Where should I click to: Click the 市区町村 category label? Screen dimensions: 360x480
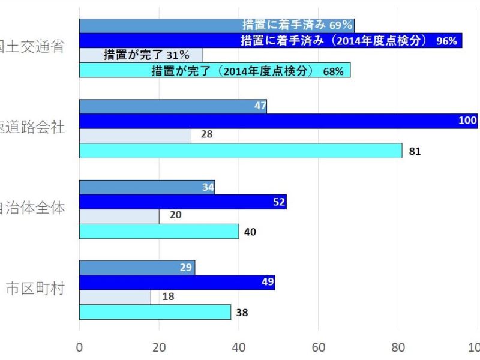pyautogui.click(x=35, y=288)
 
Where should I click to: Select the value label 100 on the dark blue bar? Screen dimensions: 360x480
pyautogui.click(x=467, y=120)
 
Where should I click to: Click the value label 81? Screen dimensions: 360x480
pyautogui.click(x=415, y=151)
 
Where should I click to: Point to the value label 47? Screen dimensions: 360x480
pyautogui.click(x=260, y=106)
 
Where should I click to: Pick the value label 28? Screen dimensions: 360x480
pyautogui.click(x=206, y=134)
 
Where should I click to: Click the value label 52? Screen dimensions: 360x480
pyautogui.click(x=279, y=202)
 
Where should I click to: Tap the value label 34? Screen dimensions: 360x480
pyautogui.click(x=208, y=187)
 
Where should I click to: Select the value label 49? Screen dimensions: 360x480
pyautogui.click(x=267, y=282)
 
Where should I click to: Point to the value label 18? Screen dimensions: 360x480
pyautogui.click(x=169, y=296)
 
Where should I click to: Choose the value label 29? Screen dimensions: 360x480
pyautogui.click(x=186, y=267)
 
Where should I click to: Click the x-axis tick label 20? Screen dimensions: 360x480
pyautogui.click(x=159, y=346)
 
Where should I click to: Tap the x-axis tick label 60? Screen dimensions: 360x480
pyautogui.click(x=319, y=346)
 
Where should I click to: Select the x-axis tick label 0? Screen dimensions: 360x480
pyautogui.click(x=80, y=346)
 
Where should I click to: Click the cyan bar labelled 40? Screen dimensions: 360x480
pyautogui.click(x=159, y=231)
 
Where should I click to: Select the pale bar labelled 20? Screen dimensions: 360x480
pyautogui.click(x=119, y=216)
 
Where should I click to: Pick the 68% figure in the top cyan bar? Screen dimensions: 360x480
pyautogui.click(x=333, y=71)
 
